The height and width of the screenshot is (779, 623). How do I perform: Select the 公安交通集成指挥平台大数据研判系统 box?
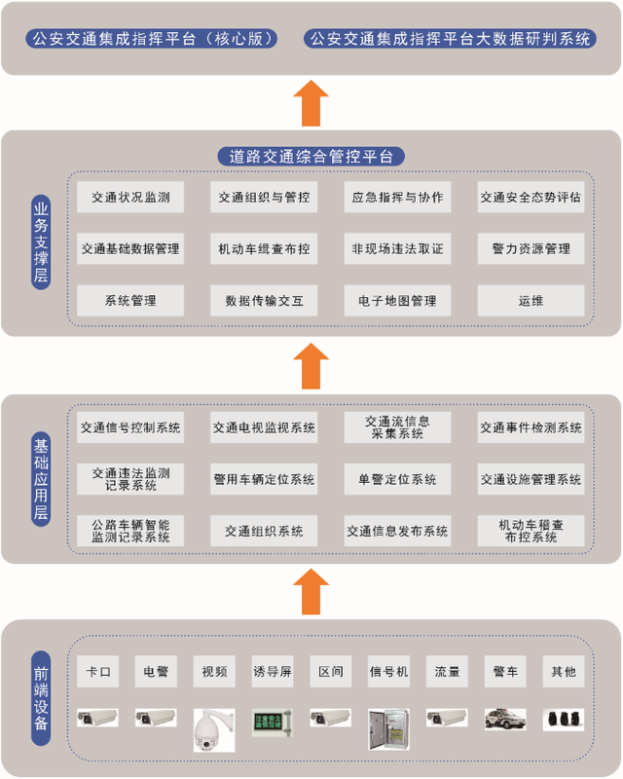449,40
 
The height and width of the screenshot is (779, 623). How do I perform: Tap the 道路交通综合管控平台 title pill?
311,156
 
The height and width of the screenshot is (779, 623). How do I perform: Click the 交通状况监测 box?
130,197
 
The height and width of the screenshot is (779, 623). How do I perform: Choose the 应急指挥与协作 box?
397,197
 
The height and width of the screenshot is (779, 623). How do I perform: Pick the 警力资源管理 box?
531,248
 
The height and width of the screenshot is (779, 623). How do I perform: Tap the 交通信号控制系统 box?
130,427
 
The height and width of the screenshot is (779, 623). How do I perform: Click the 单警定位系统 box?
397,479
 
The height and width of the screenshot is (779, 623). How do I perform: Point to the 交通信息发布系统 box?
397,531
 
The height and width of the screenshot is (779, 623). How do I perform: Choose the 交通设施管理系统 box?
531,479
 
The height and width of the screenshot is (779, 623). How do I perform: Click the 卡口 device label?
98,671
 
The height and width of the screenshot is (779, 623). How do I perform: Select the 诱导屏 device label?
273,671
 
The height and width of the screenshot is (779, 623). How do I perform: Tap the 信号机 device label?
389,671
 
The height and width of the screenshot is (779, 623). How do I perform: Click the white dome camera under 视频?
213,728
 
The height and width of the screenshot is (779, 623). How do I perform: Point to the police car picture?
505,719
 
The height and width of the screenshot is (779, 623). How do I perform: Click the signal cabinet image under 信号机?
388,726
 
